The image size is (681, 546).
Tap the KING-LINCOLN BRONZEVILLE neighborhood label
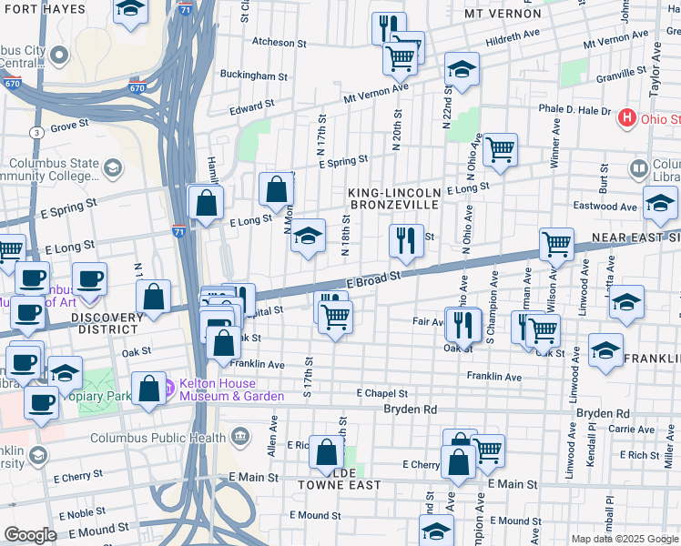(395, 198)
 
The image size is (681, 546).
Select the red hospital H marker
(626, 118)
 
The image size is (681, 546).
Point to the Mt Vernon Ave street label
(375, 91)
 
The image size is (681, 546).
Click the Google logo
(30, 534)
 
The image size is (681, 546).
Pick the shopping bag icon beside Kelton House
(147, 388)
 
